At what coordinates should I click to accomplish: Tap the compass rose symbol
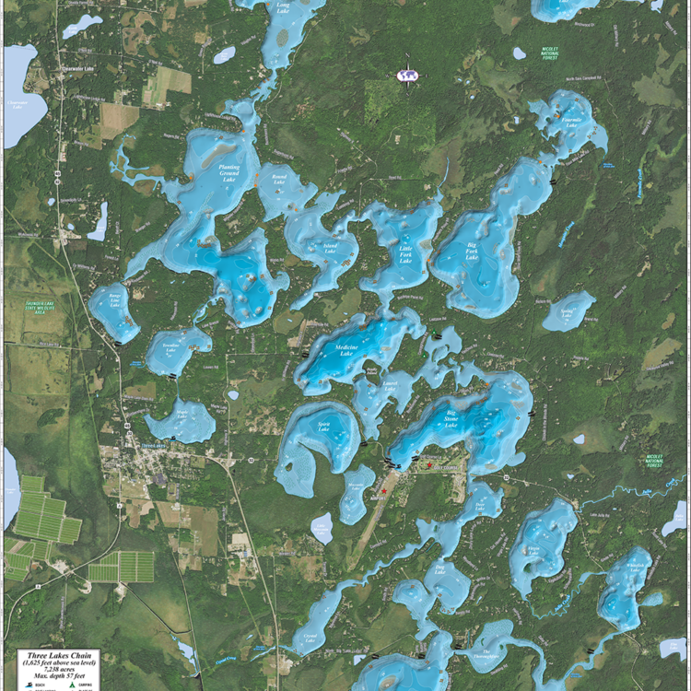[406, 75]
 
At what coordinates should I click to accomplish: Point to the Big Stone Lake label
[451, 420]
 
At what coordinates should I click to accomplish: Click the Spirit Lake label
[323, 430]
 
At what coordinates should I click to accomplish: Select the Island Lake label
[330, 248]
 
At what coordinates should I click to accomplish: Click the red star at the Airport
[384, 491]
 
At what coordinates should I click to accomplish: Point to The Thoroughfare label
[488, 656]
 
